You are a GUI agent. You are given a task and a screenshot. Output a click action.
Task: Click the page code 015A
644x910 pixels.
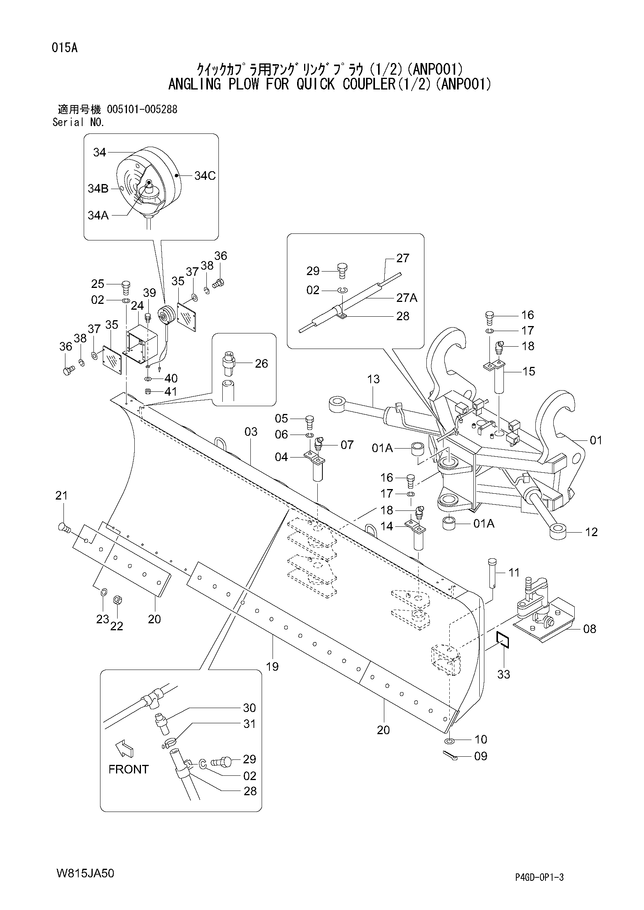pyautogui.click(x=64, y=48)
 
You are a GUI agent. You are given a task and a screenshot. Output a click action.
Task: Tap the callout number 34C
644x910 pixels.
pyautogui.click(x=205, y=175)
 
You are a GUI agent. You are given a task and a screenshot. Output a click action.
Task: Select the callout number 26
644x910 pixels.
pyautogui.click(x=261, y=363)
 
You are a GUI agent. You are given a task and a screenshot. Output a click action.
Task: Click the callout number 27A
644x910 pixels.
pyautogui.click(x=407, y=298)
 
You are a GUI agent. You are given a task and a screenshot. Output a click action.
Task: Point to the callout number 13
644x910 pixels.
pyautogui.click(x=373, y=379)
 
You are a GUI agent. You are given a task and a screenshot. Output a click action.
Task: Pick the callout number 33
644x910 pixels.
pyautogui.click(x=503, y=674)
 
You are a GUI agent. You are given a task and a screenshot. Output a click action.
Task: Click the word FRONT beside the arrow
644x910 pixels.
pyautogui.click(x=128, y=769)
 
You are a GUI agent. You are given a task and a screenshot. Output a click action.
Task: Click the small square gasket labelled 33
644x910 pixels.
pyautogui.click(x=501, y=639)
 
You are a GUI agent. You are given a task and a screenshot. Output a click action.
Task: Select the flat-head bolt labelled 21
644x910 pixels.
pyautogui.click(x=63, y=528)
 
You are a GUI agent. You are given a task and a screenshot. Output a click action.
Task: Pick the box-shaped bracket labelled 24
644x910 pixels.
pyautogui.click(x=141, y=341)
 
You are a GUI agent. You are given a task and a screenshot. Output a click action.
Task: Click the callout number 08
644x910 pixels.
pyautogui.click(x=589, y=629)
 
